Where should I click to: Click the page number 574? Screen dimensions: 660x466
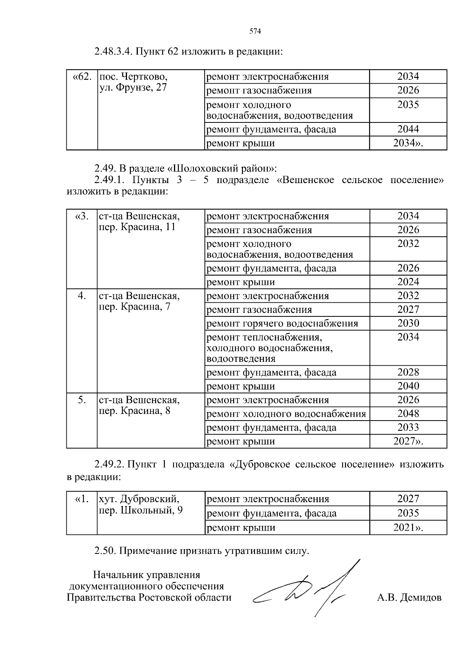point(255,31)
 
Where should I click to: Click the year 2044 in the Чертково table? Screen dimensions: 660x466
point(408,129)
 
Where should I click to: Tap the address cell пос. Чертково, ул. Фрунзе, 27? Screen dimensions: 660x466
point(133,82)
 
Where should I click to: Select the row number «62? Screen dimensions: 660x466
point(82,77)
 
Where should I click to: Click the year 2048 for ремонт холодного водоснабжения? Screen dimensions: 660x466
point(408,414)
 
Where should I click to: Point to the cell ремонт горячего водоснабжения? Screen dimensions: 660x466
point(282,323)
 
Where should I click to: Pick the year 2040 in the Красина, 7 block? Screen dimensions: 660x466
point(408,386)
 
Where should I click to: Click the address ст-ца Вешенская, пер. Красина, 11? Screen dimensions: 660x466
point(139,222)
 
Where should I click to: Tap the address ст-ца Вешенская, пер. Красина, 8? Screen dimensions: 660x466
point(139,405)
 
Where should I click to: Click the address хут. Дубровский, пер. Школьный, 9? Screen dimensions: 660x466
point(140,505)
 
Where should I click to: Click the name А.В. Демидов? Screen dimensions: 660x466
point(409,597)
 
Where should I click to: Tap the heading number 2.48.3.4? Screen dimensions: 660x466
point(114,52)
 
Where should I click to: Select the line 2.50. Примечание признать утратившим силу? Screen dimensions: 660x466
point(202,551)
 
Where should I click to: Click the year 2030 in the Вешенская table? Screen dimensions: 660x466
point(408,323)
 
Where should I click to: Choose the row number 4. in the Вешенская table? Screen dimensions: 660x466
point(82,296)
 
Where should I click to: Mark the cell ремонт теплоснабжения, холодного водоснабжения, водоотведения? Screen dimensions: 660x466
point(270,347)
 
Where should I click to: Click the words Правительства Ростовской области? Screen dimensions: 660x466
point(149,597)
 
